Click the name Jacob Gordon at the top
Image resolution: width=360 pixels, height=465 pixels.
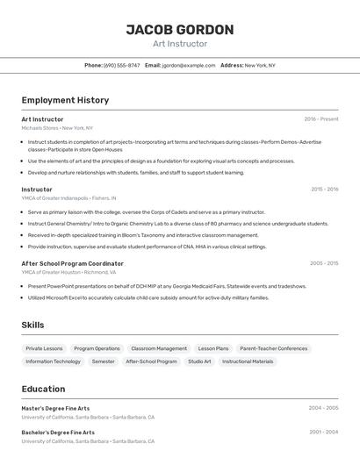[180, 30]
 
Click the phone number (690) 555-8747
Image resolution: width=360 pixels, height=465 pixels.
[121, 65]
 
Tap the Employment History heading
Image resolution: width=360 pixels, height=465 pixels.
[65, 101]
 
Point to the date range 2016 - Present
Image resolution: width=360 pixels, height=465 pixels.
[320, 119]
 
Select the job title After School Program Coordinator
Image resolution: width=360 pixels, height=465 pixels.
[72, 263]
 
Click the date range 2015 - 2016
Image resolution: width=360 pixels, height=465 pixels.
[324, 190]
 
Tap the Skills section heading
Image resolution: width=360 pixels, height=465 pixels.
[32, 325]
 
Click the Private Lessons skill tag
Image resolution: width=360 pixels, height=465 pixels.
[44, 348]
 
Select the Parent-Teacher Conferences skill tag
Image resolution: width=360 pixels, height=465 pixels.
[273, 348]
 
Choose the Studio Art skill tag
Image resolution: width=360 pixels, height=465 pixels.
[199, 361]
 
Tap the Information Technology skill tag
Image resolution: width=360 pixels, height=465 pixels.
[53, 361]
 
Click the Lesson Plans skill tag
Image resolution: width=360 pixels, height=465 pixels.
[212, 348]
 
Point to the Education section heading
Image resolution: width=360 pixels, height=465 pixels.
[43, 389]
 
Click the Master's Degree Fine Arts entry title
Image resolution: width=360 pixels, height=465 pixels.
[55, 408]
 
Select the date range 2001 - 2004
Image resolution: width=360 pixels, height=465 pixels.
[323, 433]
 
